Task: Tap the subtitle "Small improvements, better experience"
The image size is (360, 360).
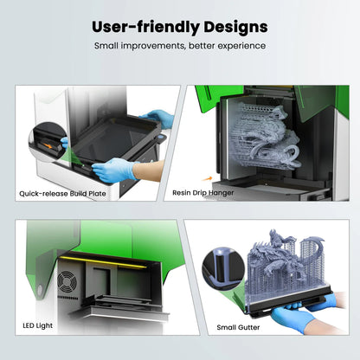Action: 179,46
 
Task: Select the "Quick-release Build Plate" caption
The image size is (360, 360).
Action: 63,194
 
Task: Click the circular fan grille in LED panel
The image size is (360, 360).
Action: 67,283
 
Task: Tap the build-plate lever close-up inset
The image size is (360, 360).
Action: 43,137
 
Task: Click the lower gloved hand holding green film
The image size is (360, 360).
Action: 112,170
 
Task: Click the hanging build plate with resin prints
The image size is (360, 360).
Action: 260,138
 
